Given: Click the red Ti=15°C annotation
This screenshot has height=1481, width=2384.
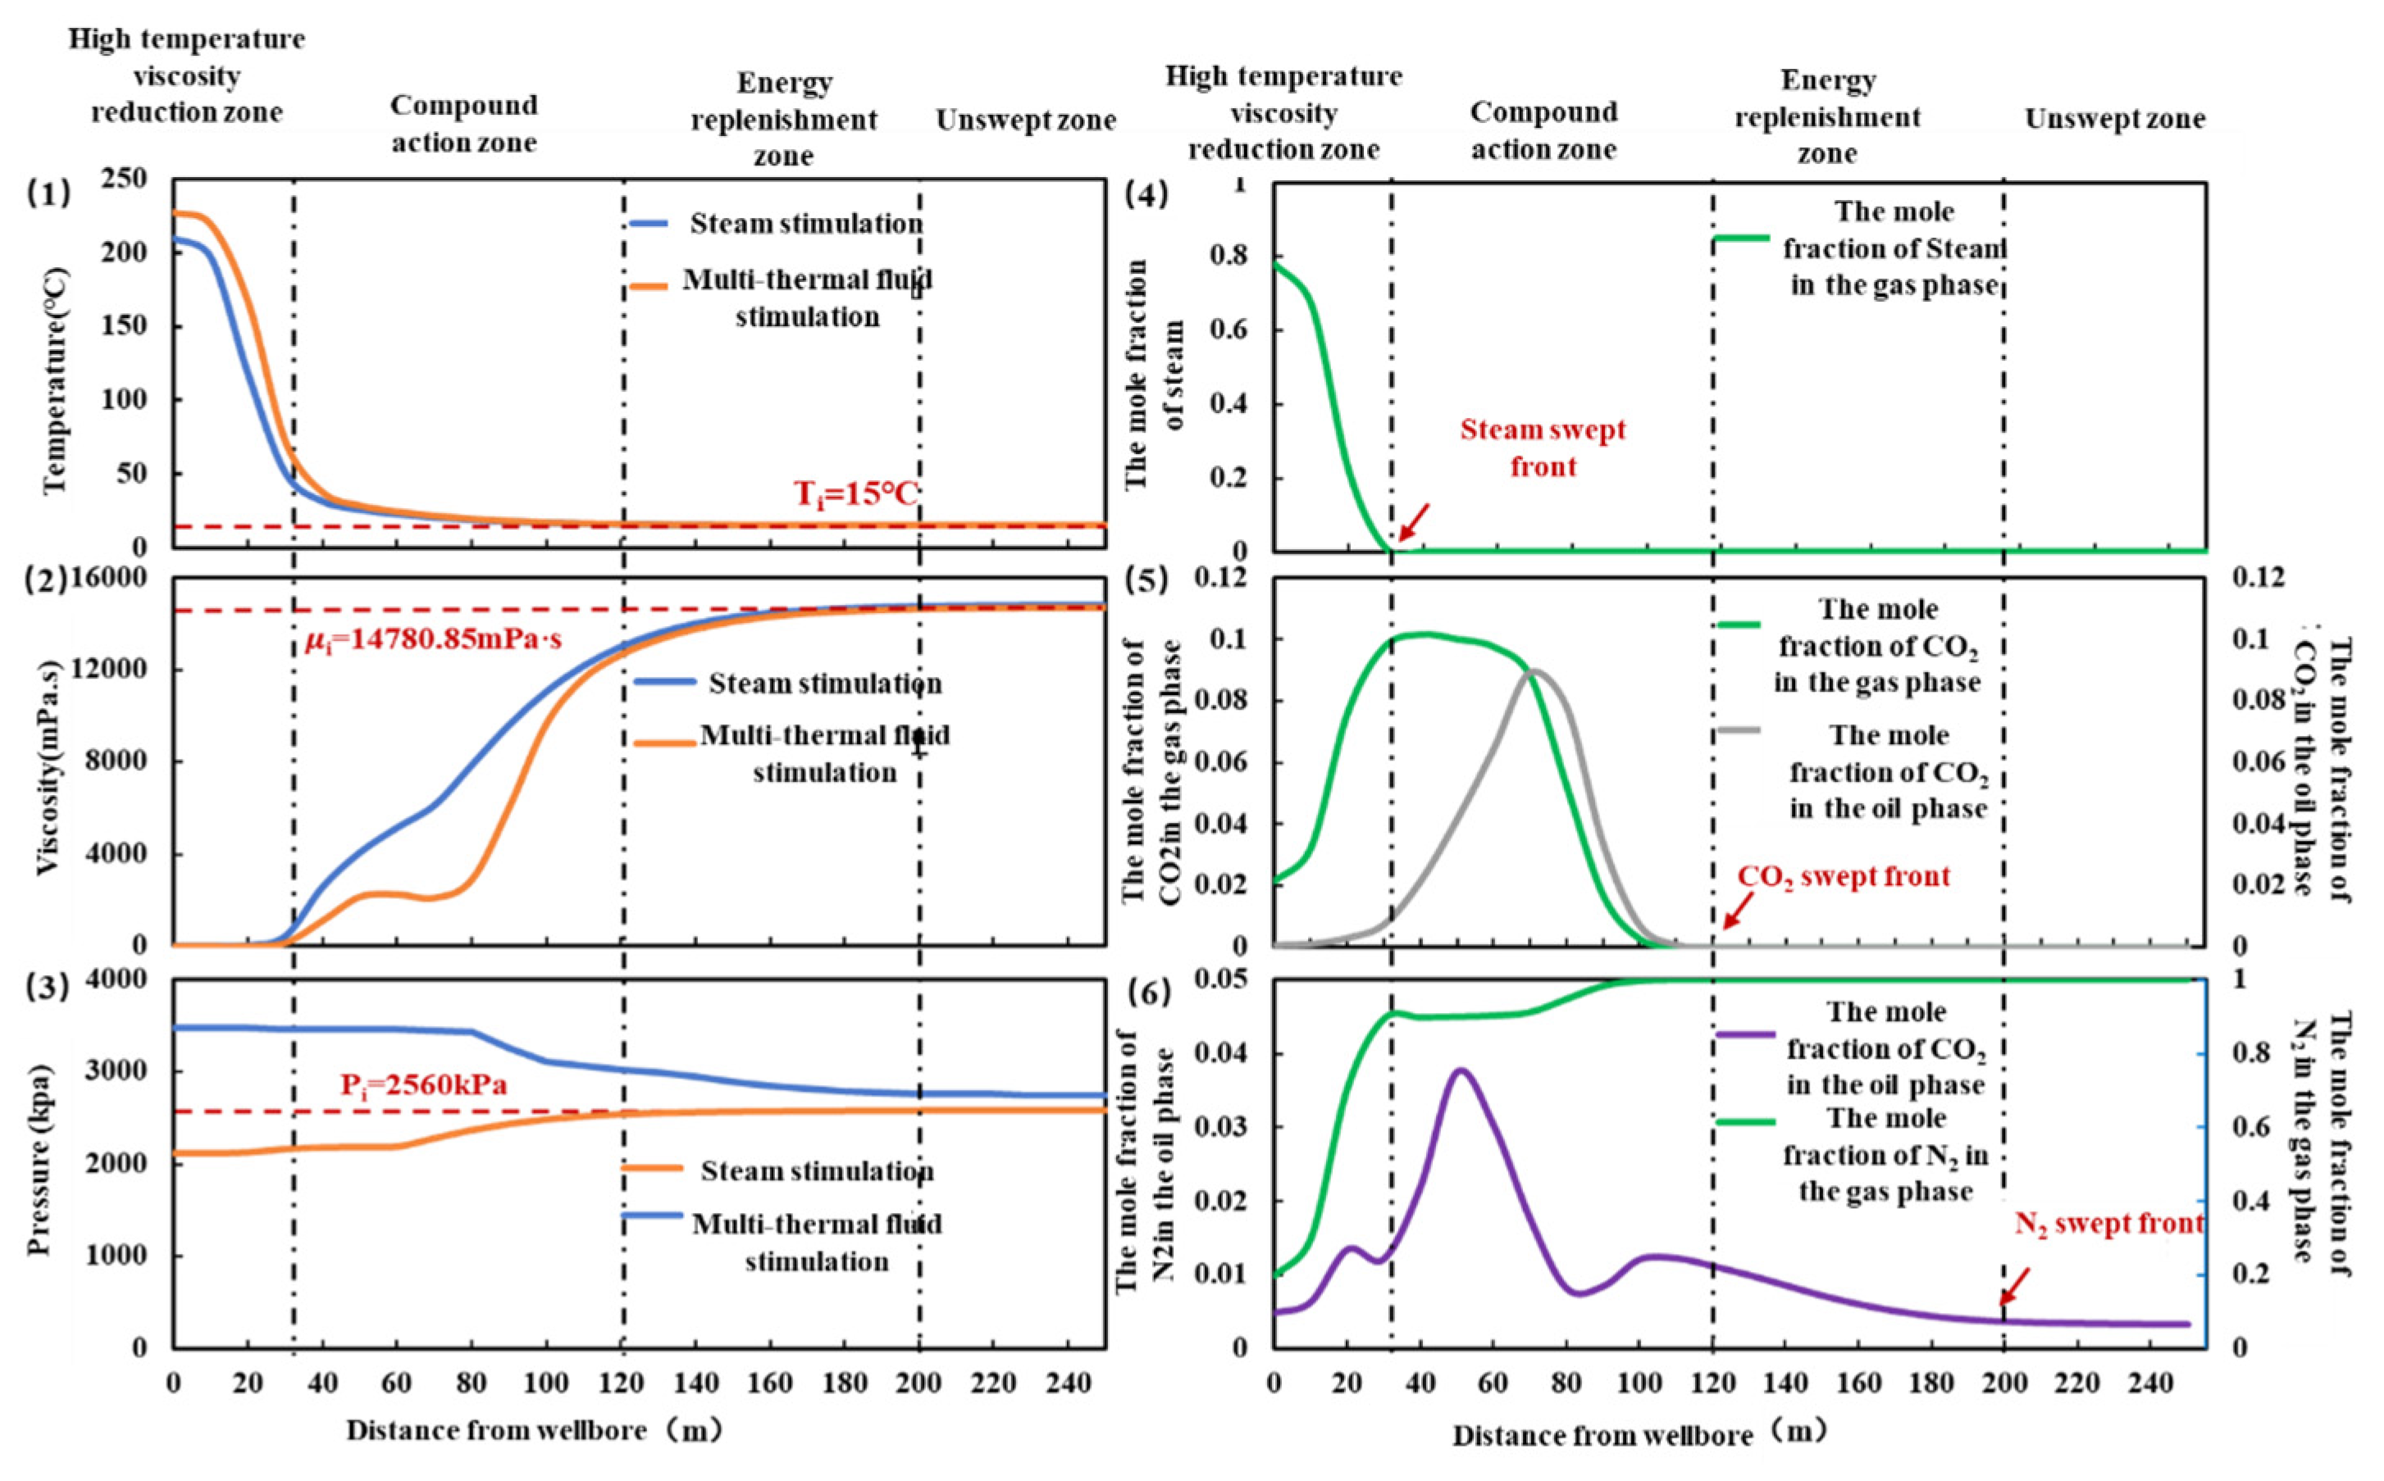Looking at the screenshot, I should click(855, 493).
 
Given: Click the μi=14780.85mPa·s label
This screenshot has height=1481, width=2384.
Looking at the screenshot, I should click(436, 642).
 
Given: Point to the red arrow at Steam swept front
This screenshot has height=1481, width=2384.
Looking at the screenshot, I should click(1413, 522).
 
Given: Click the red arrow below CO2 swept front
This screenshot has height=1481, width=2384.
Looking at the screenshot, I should click(1737, 910).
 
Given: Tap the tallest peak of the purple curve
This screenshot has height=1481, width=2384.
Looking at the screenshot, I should click(1460, 1070).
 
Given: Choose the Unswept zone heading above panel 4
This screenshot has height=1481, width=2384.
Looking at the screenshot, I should click(2114, 120).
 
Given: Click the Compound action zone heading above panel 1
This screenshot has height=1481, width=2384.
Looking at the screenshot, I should click(463, 125).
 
